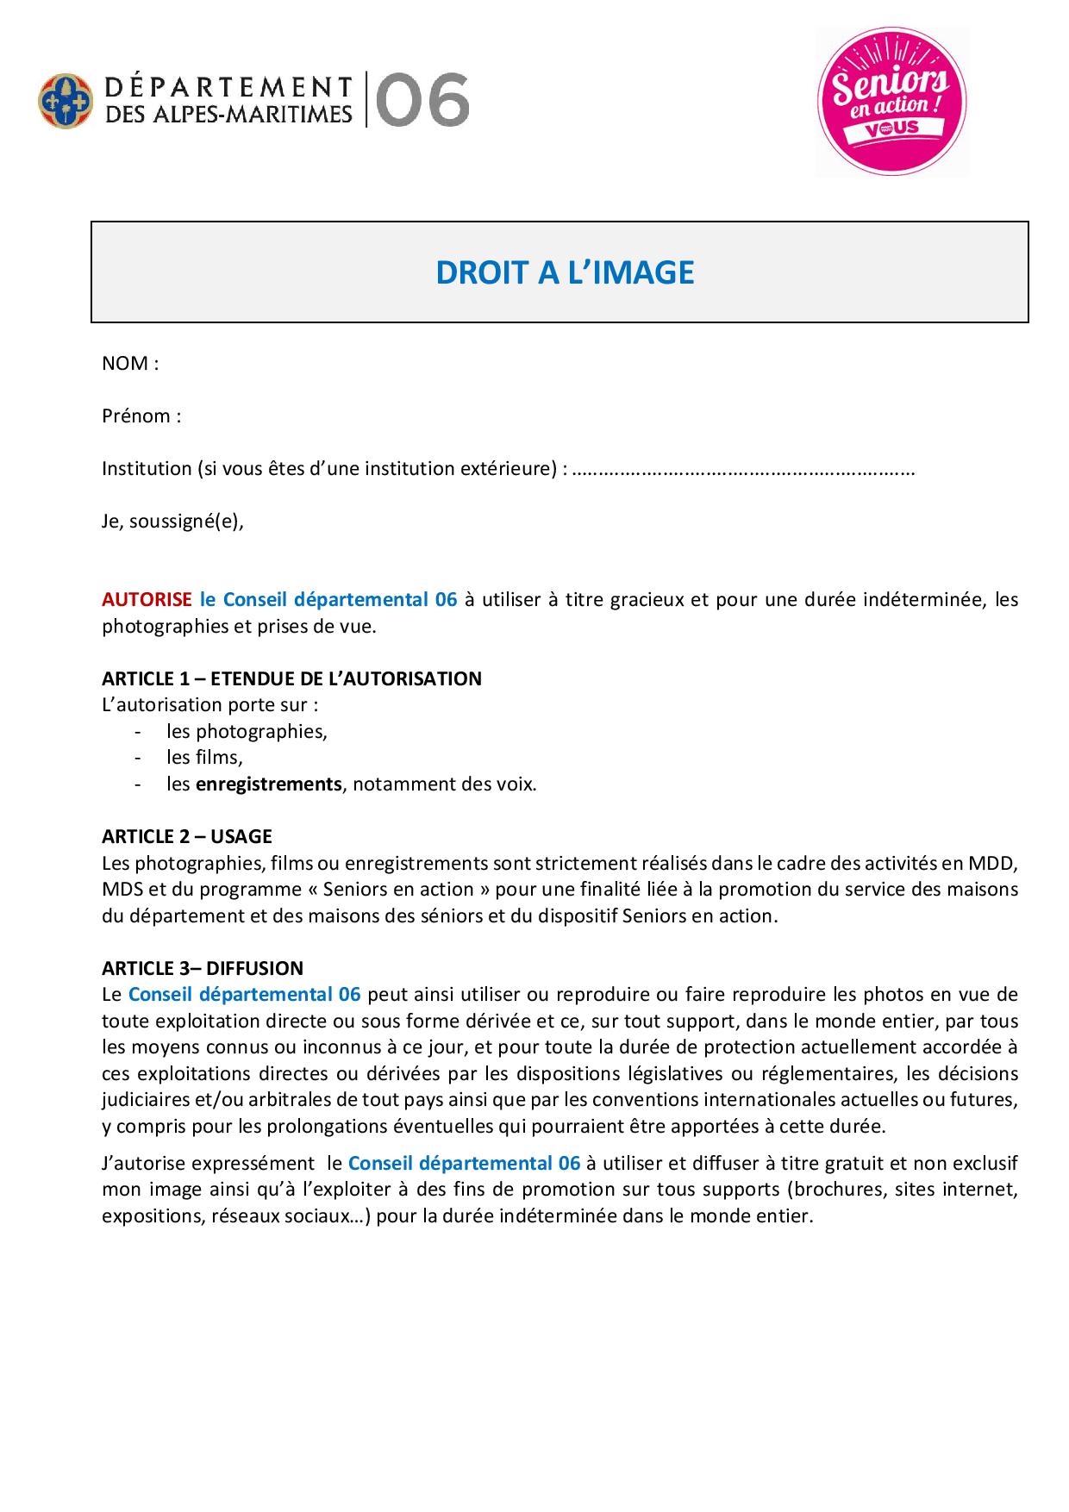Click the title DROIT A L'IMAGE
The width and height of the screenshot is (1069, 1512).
click(565, 272)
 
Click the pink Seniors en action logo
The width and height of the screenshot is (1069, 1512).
click(891, 101)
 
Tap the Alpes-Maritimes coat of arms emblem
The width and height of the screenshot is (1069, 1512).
click(65, 100)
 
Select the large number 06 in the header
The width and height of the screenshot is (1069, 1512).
click(423, 100)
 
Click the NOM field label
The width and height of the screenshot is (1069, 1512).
click(130, 364)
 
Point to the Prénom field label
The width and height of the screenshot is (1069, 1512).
click(141, 416)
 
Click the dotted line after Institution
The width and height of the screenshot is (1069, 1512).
click(743, 470)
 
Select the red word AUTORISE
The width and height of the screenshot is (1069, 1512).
click(147, 600)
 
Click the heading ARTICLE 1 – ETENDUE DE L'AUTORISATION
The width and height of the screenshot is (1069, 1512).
click(291, 678)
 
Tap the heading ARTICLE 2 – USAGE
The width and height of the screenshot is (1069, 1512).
click(187, 836)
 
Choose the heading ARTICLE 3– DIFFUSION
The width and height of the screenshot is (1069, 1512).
click(203, 968)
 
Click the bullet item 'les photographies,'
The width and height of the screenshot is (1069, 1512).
click(247, 732)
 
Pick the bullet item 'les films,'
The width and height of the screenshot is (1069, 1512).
click(205, 758)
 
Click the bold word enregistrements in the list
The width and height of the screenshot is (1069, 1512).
click(269, 784)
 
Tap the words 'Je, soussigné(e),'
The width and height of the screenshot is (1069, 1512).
click(173, 522)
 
